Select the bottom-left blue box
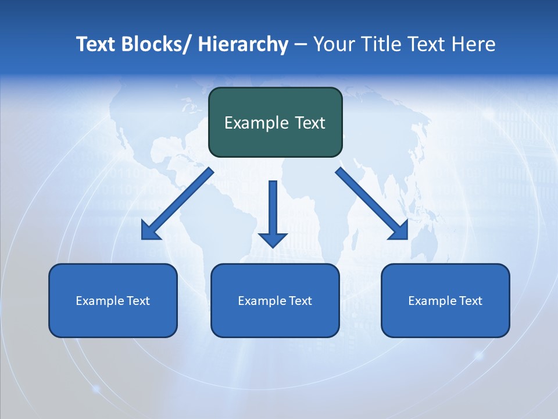113,320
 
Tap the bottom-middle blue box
275,320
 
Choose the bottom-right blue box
445,320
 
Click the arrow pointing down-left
177,204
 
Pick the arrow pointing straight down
273,210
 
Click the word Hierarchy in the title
243,44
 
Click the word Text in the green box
309,123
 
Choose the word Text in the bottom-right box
470,301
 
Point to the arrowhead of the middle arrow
273,239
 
